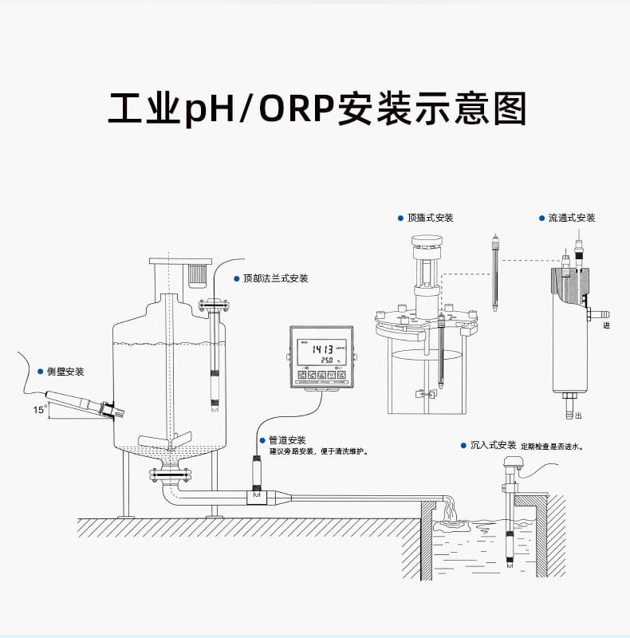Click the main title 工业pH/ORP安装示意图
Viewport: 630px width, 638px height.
317,109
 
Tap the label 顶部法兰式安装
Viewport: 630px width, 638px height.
275,279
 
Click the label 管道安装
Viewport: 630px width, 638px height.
286,440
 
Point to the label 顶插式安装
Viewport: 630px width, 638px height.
430,218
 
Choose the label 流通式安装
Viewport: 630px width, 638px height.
571,218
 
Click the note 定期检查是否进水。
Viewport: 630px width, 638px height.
552,447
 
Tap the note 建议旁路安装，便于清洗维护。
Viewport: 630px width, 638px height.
317,451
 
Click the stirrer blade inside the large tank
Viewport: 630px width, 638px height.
164,439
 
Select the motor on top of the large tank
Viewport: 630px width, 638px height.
196,276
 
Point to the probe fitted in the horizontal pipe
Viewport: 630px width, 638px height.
257,477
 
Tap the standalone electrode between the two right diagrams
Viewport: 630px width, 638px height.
496,271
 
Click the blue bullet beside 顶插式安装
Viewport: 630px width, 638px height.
400,218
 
